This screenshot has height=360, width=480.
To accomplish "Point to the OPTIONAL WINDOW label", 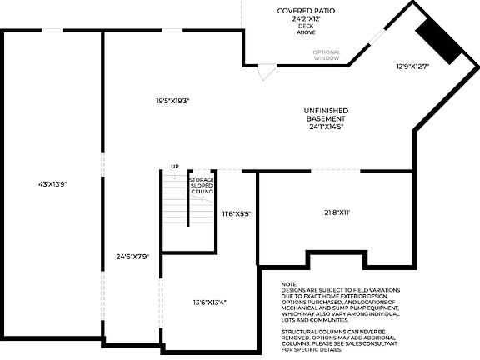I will click(327, 56).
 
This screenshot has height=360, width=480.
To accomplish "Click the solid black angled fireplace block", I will click(439, 41).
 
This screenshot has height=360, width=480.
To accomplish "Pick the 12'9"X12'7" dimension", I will click(412, 67).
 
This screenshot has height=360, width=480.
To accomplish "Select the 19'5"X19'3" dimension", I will click(172, 101).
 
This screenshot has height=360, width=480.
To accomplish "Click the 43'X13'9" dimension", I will click(52, 182).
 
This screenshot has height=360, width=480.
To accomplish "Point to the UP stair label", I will click(175, 167).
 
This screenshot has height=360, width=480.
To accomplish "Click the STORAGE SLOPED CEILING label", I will click(202, 185).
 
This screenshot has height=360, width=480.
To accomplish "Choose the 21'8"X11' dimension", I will click(337, 212).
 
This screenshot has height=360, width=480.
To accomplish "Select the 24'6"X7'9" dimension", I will click(132, 256).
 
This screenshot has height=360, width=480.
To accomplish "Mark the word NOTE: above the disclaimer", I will click(290, 284).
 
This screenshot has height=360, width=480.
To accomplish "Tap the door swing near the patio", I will click(262, 73).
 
